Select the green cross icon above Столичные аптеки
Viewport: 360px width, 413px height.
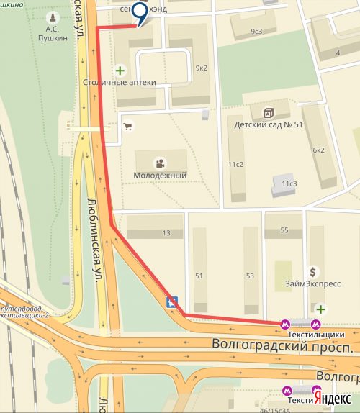coord(119,71)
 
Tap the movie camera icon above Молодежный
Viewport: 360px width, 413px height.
coord(160,162)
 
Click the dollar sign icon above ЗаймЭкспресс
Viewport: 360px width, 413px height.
coord(312,272)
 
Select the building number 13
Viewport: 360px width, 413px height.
coord(166,233)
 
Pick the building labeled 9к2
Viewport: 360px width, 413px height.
coord(202,68)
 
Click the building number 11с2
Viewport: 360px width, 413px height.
coord(236,165)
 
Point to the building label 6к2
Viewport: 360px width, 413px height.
coord(318,150)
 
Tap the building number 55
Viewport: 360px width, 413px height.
coord(284,230)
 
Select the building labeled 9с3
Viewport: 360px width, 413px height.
coord(256,32)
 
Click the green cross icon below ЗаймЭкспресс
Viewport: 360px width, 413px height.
coord(320,309)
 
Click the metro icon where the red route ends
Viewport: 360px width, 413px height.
coord(286,324)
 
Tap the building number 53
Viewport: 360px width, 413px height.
coord(250,276)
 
